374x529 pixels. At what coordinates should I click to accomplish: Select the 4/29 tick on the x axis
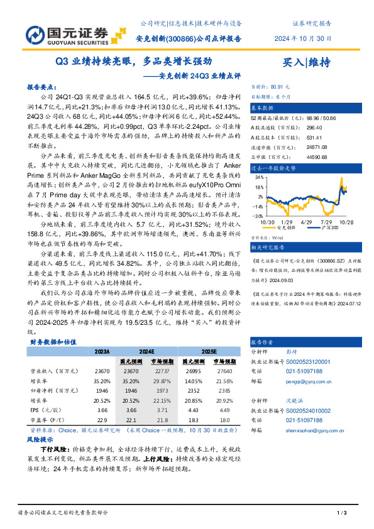pos(306,222)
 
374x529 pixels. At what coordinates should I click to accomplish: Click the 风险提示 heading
pos(41,440)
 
